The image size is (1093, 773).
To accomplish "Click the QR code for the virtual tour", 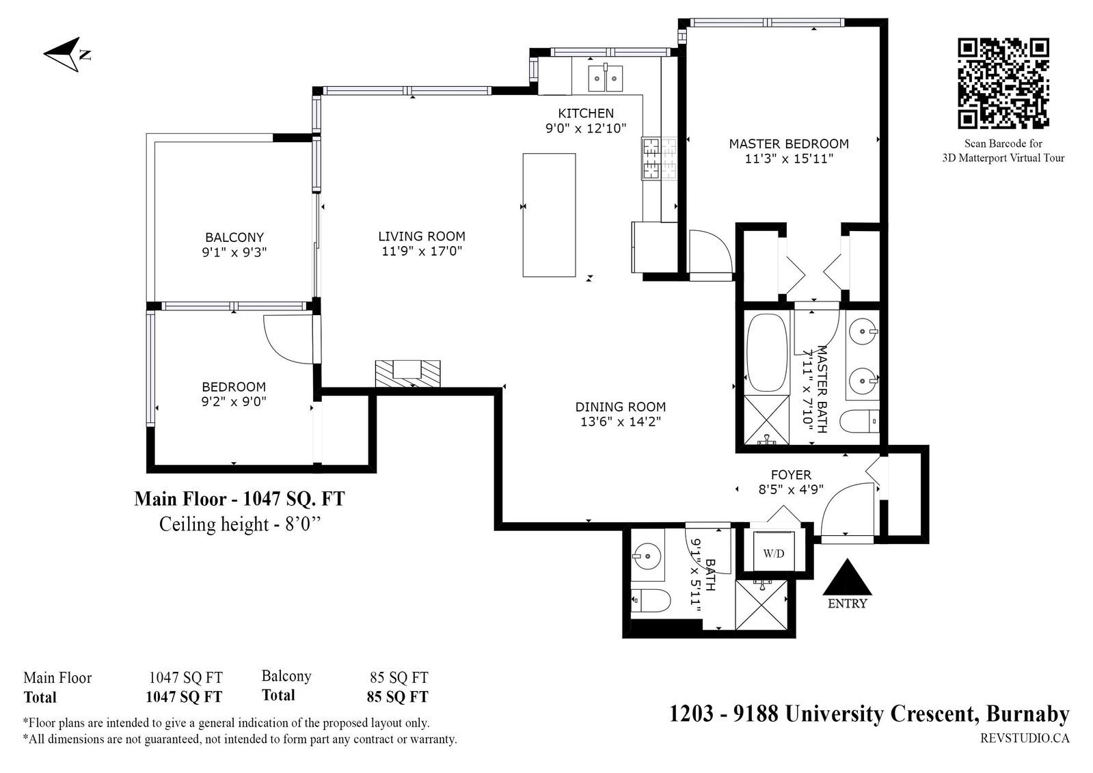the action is [x=1003, y=83].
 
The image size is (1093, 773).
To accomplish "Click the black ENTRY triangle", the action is [x=847, y=578].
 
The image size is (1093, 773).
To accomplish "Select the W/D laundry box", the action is [x=774, y=551].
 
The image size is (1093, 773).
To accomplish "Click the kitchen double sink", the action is [x=605, y=78].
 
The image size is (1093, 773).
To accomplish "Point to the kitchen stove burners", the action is [x=659, y=159].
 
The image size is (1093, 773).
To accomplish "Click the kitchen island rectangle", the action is [x=549, y=215].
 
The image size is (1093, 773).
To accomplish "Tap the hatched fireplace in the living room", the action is [x=407, y=374].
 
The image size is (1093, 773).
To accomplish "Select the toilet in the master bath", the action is [x=859, y=421].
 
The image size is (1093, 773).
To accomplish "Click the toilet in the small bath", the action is [x=650, y=600].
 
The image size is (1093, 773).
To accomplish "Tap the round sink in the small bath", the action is [x=647, y=556].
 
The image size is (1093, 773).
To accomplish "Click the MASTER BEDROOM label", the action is [x=789, y=144].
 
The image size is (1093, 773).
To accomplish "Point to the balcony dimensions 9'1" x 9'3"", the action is [x=234, y=252].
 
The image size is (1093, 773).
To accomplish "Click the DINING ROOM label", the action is [x=621, y=407].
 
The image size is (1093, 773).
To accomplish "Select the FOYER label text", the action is [x=791, y=474].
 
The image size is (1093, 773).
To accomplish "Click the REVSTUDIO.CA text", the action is [x=1025, y=738].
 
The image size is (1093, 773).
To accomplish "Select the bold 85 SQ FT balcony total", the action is [x=398, y=696].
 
